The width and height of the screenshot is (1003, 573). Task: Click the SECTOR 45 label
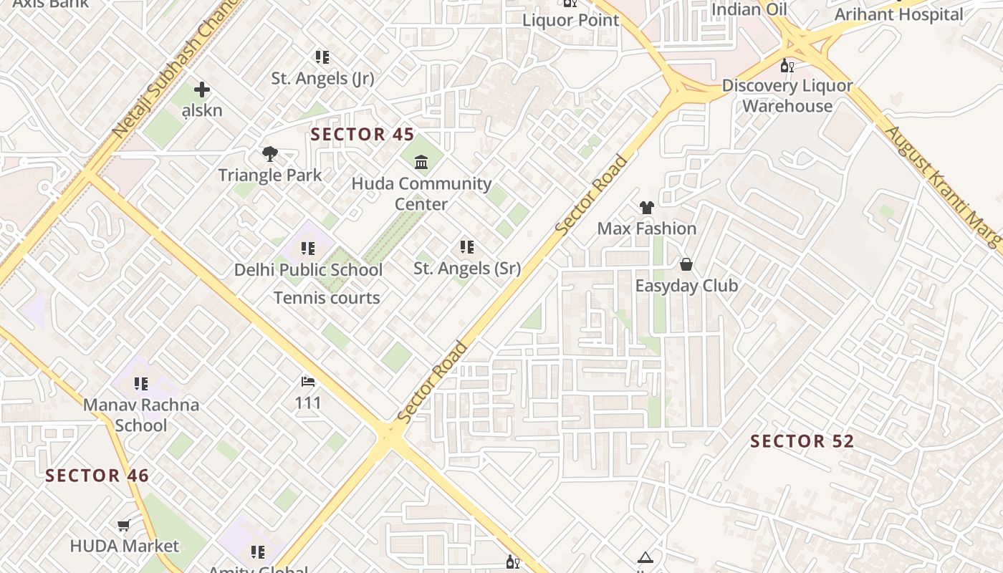click(362, 134)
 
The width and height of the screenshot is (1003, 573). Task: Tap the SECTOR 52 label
click(802, 441)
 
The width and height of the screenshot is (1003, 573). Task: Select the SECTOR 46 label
click(97, 476)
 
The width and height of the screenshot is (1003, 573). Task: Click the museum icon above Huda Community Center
click(421, 163)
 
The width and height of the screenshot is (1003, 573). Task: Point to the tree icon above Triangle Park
click(270, 154)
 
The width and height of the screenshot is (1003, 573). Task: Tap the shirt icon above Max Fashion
click(646, 208)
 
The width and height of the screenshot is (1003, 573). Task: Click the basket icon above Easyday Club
click(686, 265)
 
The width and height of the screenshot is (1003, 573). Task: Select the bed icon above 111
click(308, 381)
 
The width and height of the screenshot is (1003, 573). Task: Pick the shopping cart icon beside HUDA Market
click(124, 526)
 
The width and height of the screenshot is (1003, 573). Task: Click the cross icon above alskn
click(202, 90)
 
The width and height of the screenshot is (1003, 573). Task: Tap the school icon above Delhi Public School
click(308, 249)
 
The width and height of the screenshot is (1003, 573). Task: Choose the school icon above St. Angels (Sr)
click(467, 247)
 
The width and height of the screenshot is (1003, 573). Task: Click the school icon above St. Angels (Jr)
click(322, 57)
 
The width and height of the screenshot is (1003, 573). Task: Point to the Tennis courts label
click(327, 298)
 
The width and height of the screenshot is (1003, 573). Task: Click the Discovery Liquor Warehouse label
click(787, 96)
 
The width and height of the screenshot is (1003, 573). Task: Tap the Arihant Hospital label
click(898, 14)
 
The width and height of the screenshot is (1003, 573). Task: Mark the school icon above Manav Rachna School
click(141, 384)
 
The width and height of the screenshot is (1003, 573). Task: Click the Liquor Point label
click(570, 20)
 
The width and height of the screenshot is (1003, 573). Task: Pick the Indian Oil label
click(749, 9)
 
